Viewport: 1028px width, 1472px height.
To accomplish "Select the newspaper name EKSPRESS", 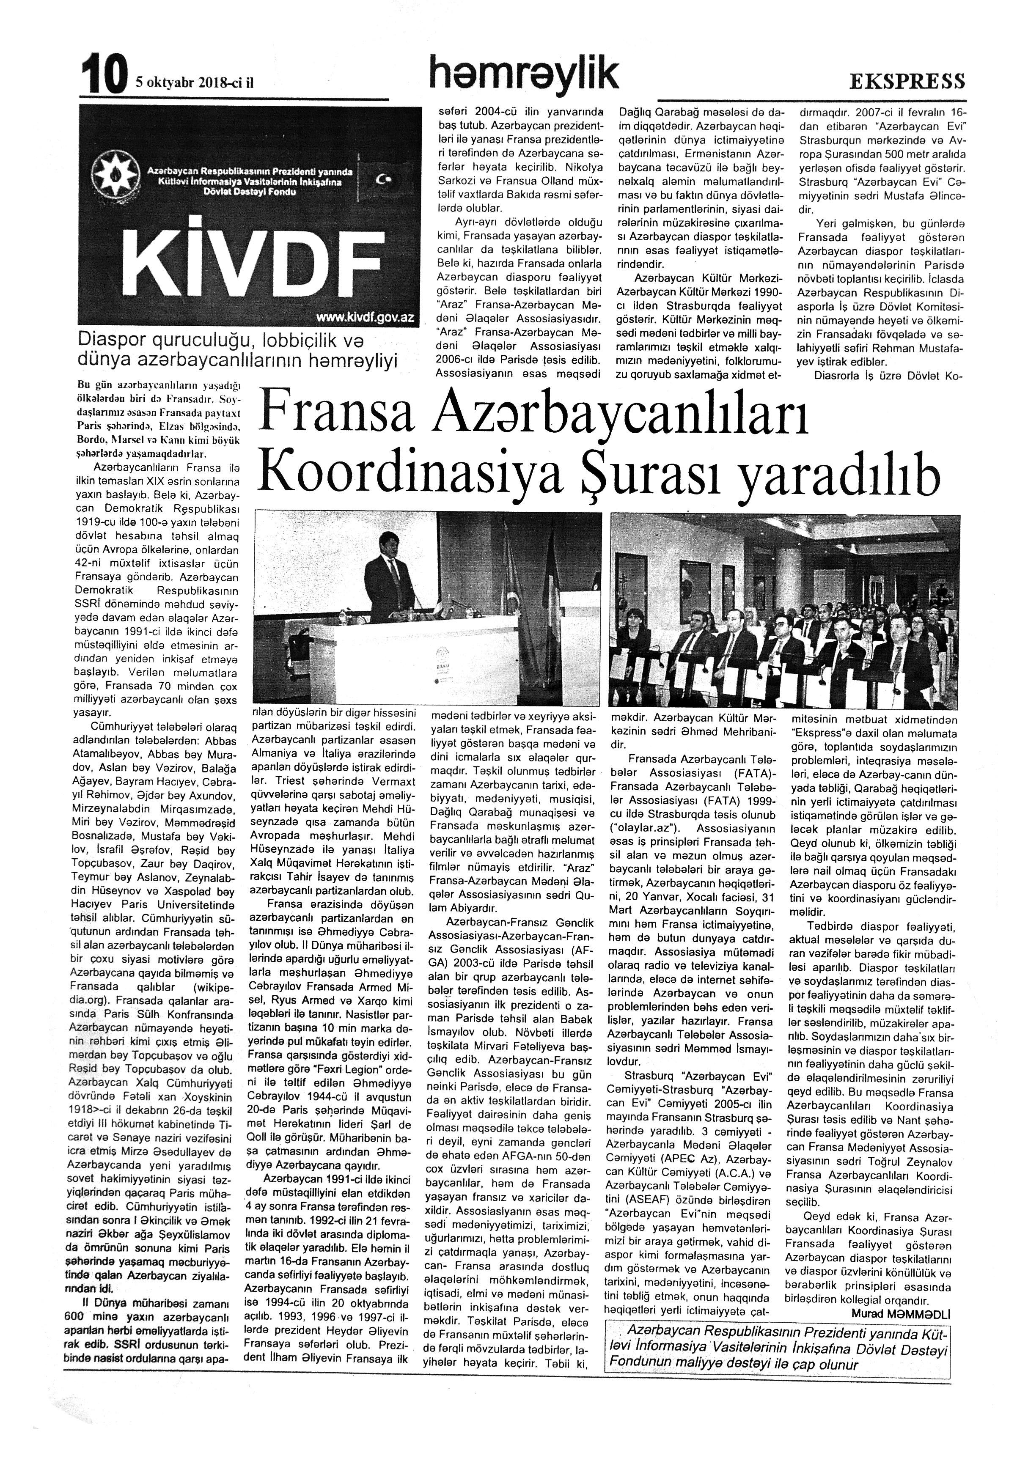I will (907, 81).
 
